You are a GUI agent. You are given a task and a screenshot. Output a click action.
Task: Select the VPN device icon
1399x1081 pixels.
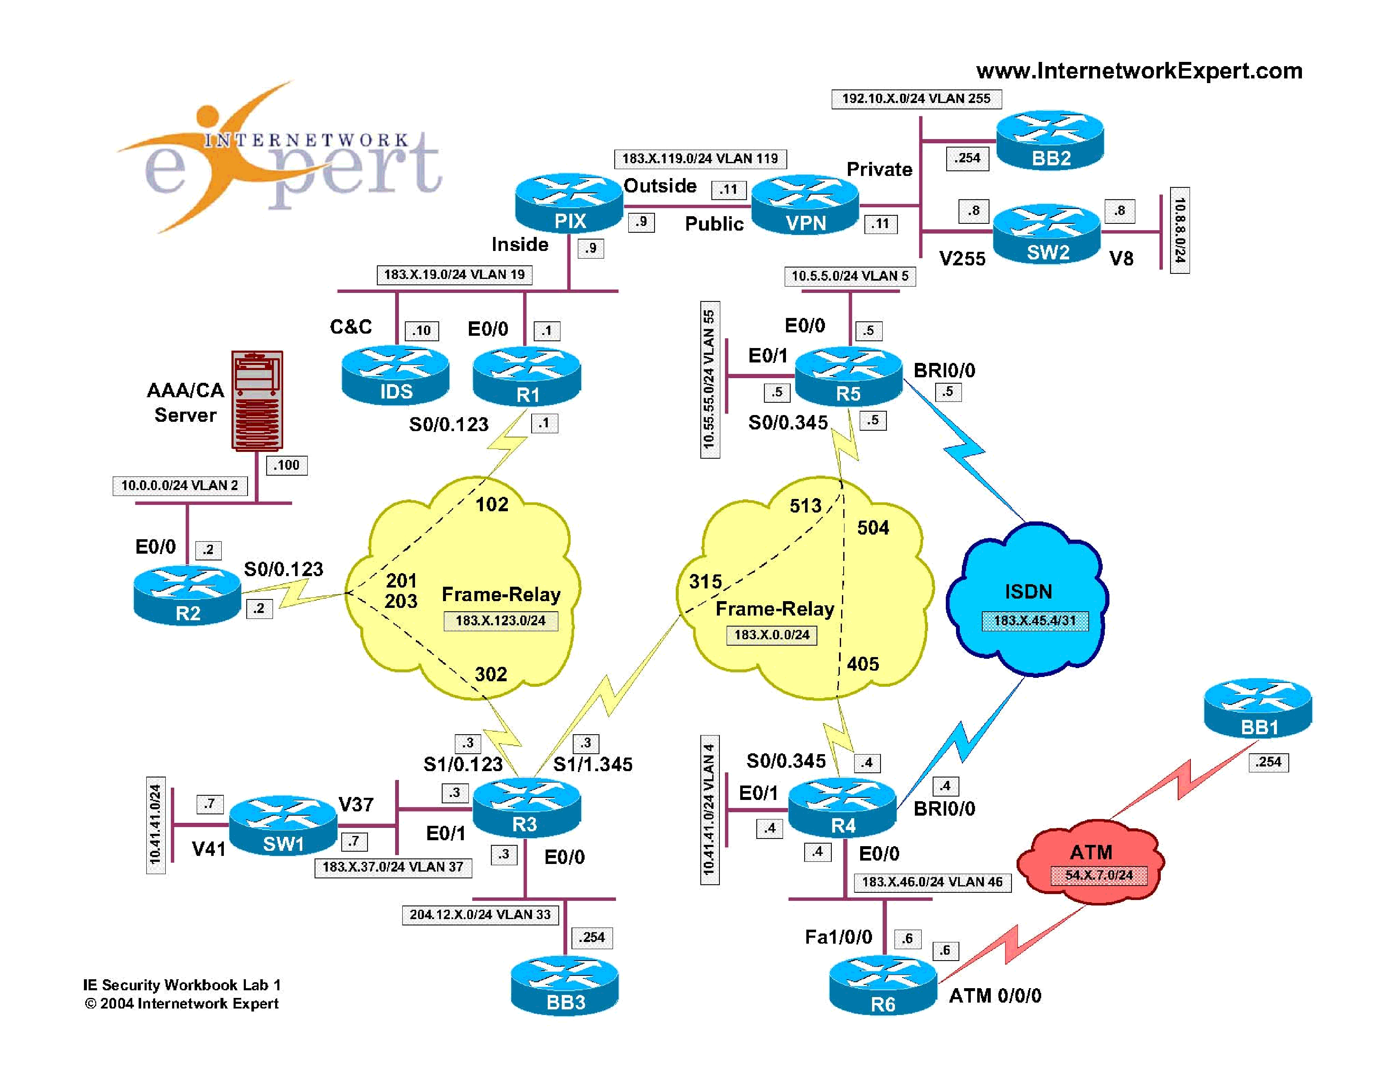(805, 205)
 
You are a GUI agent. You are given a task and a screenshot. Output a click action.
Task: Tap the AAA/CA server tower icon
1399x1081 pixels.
(257, 400)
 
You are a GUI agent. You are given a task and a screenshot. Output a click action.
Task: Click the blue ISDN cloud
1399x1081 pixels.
(1028, 599)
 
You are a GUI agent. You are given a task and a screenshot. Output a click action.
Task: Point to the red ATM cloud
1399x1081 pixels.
(1091, 862)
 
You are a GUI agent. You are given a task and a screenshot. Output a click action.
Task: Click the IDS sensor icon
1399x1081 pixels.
(395, 375)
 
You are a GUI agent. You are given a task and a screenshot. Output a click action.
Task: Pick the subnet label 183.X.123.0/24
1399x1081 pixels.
(500, 621)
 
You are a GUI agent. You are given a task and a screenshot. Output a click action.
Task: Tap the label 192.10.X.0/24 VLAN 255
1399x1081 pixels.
(916, 99)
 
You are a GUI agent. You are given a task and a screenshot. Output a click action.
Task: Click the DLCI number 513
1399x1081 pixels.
(805, 506)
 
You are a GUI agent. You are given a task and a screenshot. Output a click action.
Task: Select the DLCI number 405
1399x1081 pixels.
(863, 664)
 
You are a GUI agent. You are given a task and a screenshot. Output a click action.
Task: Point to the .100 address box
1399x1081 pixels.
(286, 465)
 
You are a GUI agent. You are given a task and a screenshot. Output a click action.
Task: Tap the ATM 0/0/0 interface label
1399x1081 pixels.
(995, 996)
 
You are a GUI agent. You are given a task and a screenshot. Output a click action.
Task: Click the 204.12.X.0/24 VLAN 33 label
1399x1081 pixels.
(480, 914)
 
